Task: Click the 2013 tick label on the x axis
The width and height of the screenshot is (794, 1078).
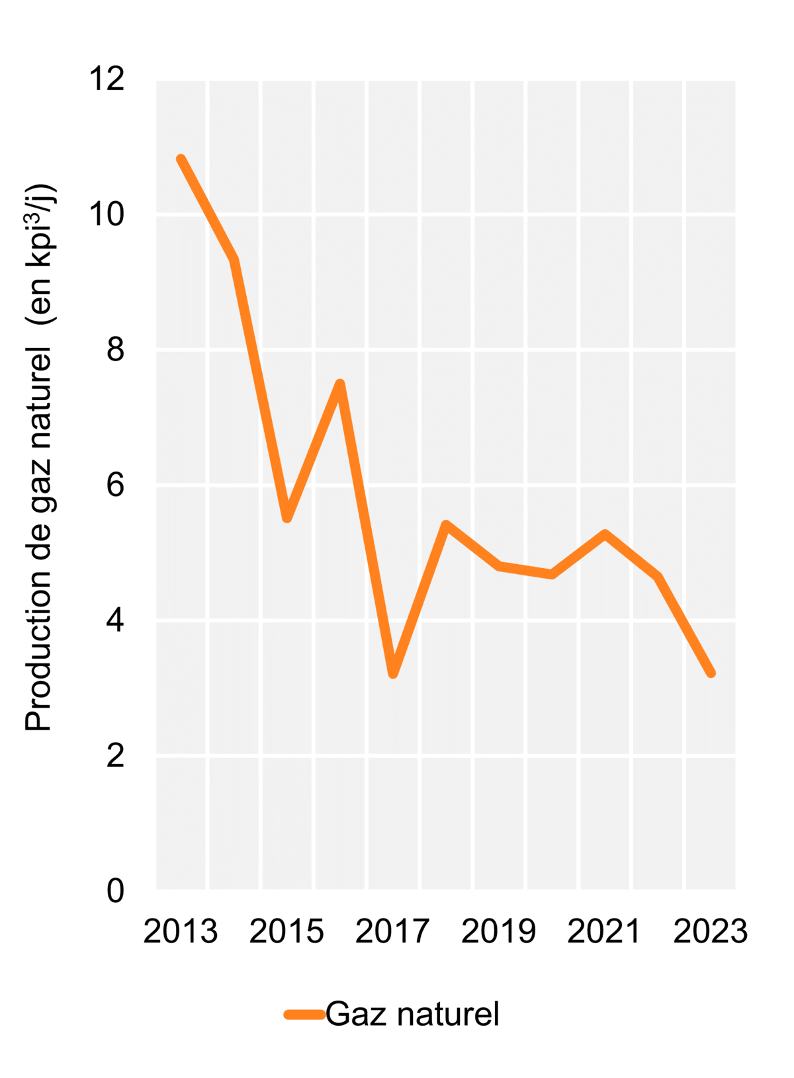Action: (x=180, y=931)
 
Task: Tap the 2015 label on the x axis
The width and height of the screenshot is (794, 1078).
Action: (x=287, y=931)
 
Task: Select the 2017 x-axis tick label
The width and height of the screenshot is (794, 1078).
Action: (x=392, y=931)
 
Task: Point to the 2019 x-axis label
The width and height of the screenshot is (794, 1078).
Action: (x=498, y=931)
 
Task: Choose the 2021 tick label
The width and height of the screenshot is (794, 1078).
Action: (x=604, y=931)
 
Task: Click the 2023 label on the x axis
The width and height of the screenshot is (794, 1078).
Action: (x=710, y=931)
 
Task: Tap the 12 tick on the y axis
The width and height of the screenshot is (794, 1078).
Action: (x=107, y=79)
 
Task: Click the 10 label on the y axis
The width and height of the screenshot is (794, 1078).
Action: (x=107, y=214)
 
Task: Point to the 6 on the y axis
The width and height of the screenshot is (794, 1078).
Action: (x=115, y=485)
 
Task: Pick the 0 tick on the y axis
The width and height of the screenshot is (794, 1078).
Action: (x=115, y=891)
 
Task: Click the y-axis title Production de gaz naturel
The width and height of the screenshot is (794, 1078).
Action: (x=40, y=456)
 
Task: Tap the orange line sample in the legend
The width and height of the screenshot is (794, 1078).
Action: (x=304, y=1014)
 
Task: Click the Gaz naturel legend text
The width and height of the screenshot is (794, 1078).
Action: (x=412, y=1014)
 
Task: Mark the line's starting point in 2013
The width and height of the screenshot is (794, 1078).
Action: (x=181, y=159)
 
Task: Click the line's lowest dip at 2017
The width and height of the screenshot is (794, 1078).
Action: (x=393, y=674)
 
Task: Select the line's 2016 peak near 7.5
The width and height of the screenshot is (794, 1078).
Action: (x=340, y=384)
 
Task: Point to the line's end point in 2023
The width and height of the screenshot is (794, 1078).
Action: (x=711, y=673)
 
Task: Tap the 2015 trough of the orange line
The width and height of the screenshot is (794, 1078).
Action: (x=287, y=518)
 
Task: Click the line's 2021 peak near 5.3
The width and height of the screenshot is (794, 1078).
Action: (x=605, y=534)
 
